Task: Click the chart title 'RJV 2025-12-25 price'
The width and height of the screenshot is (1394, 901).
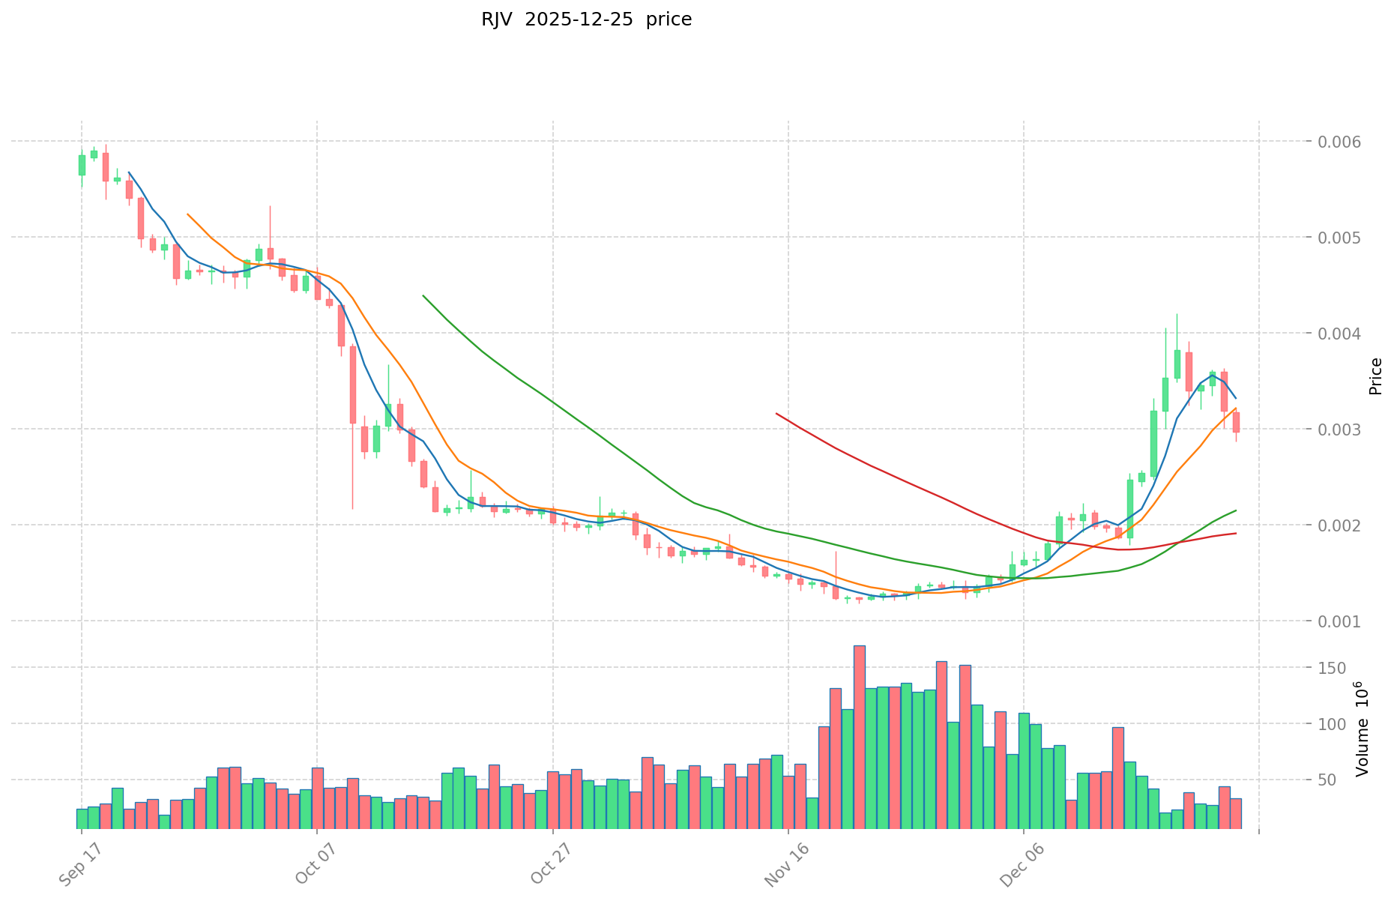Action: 586,19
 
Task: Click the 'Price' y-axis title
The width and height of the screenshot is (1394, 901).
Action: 1375,376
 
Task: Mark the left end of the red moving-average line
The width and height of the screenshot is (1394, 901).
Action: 776,413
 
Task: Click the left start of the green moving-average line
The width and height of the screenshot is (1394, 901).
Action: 423,295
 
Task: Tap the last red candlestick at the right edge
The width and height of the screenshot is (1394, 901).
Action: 1236,422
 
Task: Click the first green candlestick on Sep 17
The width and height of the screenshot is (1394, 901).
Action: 82,165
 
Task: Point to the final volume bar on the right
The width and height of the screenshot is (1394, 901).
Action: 1236,813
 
